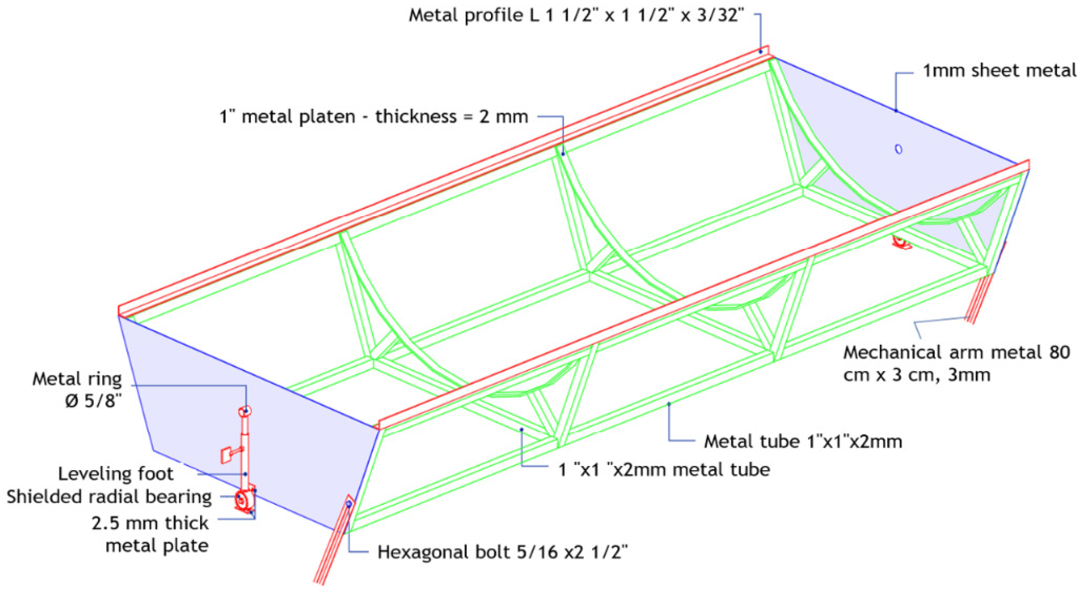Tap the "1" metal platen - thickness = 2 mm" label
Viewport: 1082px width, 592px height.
[x=374, y=116]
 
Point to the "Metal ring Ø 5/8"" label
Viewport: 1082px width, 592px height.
[x=77, y=390]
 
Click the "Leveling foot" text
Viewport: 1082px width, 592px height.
[x=115, y=474]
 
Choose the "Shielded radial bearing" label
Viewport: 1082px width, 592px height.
[x=109, y=497]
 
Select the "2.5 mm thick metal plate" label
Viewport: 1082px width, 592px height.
[x=150, y=535]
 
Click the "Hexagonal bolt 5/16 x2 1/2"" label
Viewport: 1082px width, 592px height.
[x=503, y=552]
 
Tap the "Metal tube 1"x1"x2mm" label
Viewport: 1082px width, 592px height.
[x=803, y=441]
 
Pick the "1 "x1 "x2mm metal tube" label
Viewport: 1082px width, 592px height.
[x=664, y=469]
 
